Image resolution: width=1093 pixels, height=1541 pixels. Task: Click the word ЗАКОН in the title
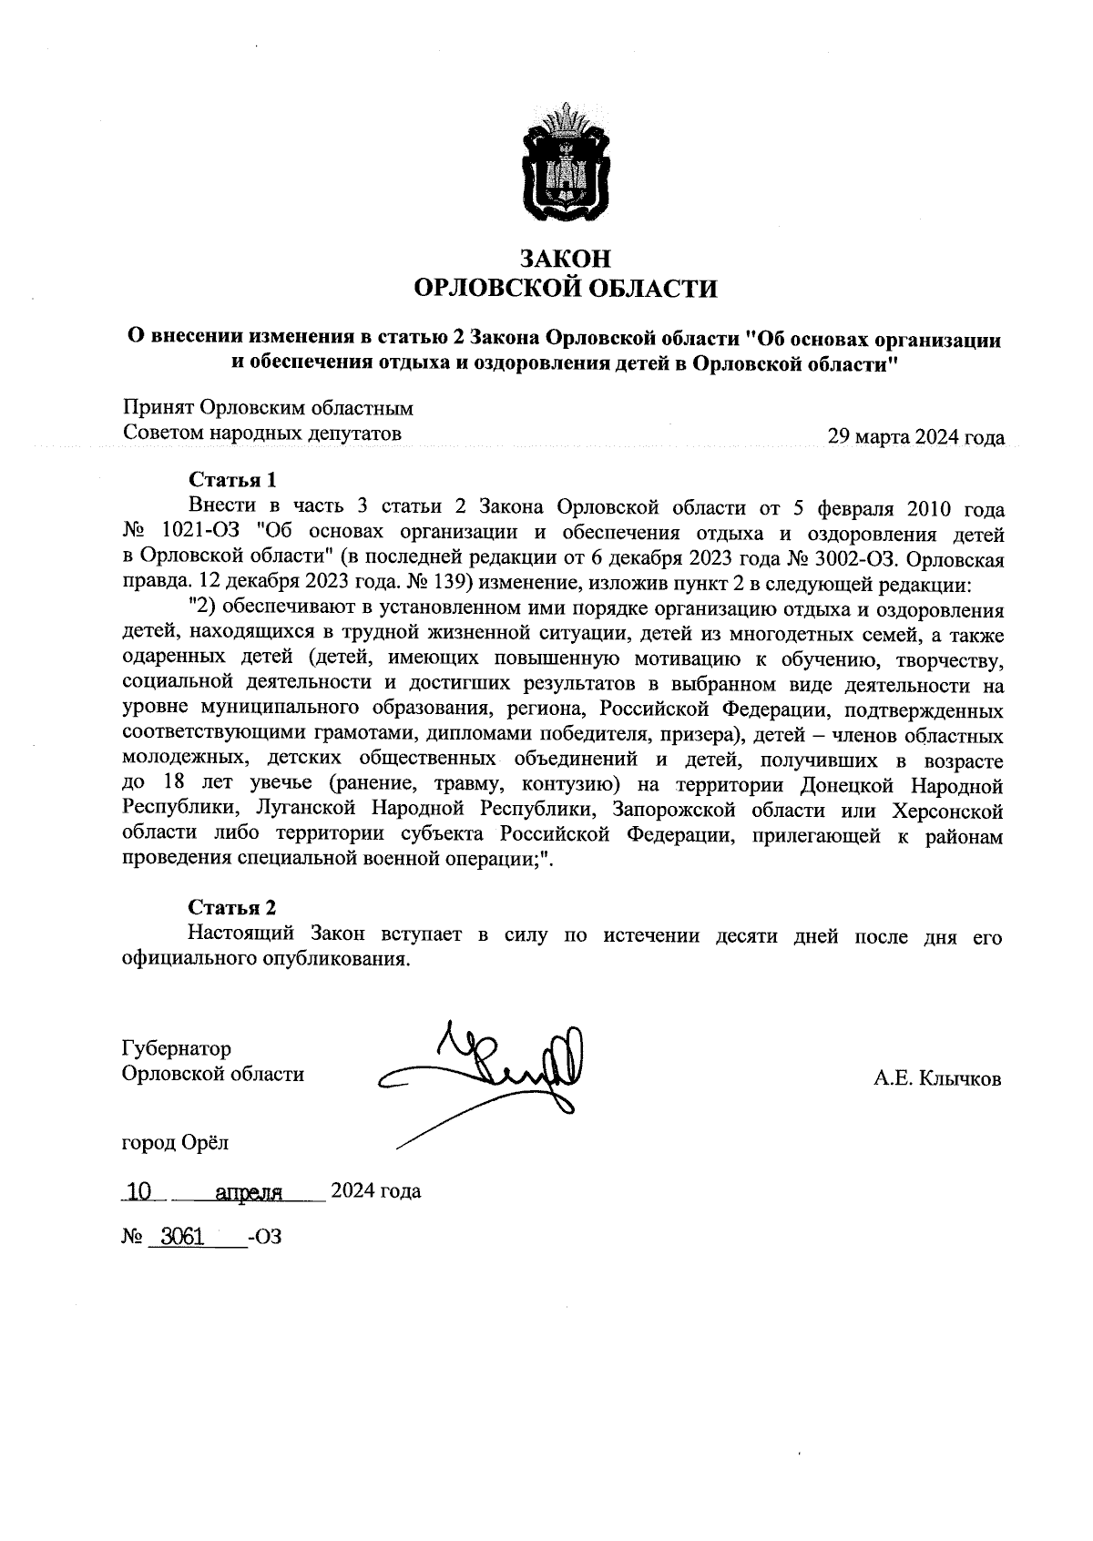(565, 259)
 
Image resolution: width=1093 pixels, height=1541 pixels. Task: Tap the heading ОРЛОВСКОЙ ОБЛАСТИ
(565, 290)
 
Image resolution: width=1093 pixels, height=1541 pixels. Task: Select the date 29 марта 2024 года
(914, 437)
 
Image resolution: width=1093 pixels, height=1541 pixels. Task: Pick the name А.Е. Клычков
(937, 1079)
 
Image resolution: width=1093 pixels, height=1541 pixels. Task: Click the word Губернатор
(177, 1049)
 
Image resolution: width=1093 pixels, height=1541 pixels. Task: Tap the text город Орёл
(176, 1142)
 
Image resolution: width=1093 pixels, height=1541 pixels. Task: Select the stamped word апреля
(248, 1191)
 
